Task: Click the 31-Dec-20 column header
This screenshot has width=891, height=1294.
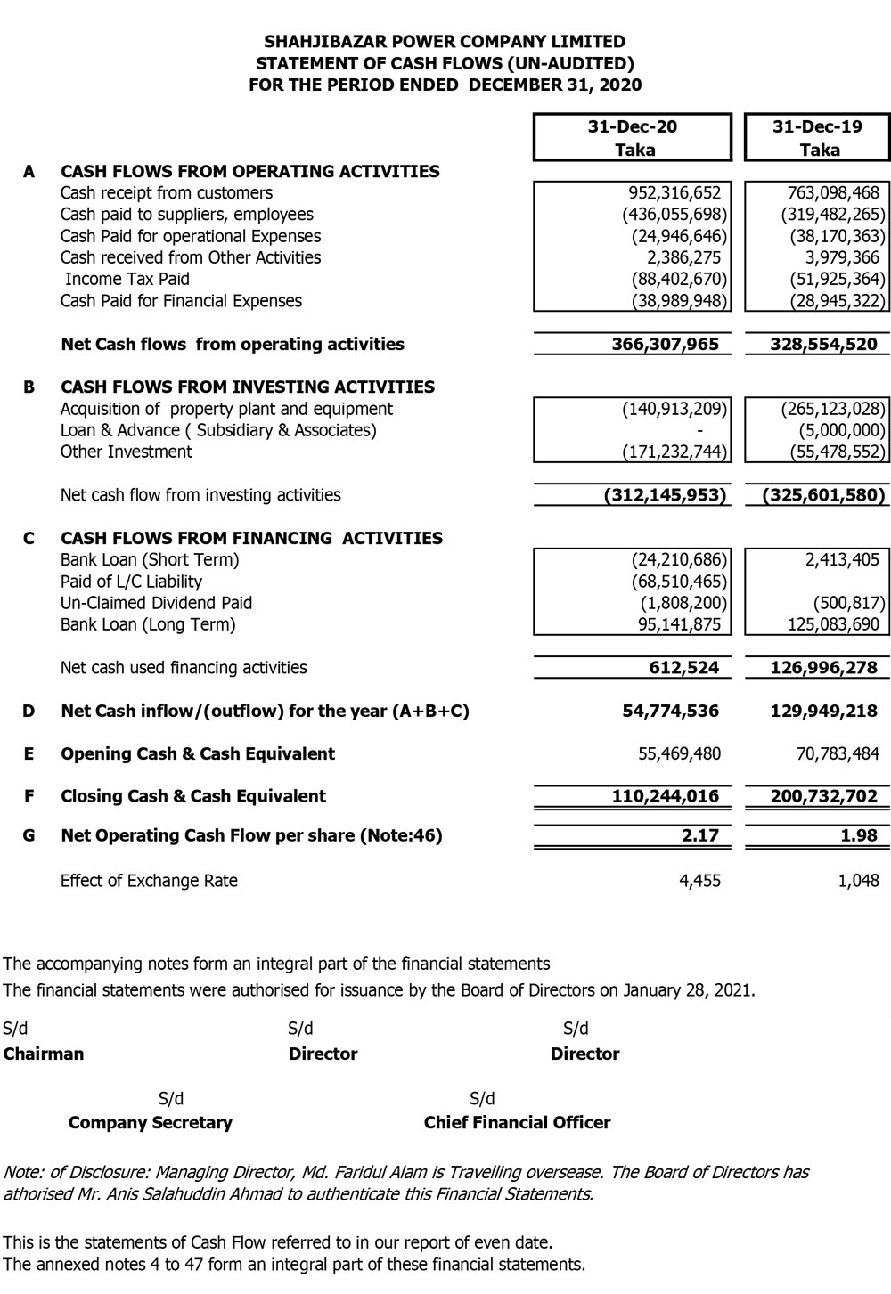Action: [x=633, y=126]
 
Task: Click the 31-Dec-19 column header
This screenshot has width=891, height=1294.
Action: [x=817, y=126]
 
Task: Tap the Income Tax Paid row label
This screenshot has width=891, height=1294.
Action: [x=127, y=279]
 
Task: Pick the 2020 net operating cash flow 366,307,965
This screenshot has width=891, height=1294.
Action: [x=666, y=344]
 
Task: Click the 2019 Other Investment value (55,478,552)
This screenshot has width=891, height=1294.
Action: [x=837, y=452]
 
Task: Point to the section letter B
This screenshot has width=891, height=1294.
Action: [x=29, y=387]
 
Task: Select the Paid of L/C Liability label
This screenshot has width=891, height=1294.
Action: [x=131, y=582]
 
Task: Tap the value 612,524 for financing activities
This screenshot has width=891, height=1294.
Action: [x=684, y=667]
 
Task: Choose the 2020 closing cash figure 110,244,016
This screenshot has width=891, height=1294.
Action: [x=666, y=796]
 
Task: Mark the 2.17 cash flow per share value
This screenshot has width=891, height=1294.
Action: [x=700, y=835]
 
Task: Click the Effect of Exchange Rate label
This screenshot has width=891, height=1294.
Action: [x=149, y=881]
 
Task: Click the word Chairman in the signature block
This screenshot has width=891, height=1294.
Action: [x=44, y=1054]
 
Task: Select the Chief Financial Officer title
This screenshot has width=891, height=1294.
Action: [x=517, y=1122]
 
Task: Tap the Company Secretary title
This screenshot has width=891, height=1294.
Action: [x=150, y=1122]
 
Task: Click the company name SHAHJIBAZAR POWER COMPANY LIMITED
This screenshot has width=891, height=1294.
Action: [x=445, y=41]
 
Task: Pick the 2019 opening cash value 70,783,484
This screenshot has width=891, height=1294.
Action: [x=837, y=753]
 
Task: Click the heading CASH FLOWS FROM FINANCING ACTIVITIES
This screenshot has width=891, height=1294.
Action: [x=251, y=538]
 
